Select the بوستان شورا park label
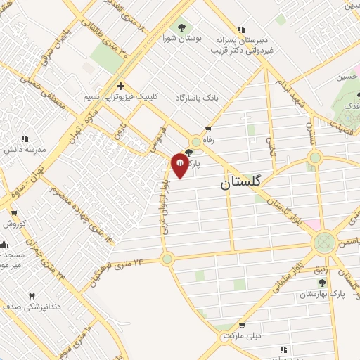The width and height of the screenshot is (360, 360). click(182, 39)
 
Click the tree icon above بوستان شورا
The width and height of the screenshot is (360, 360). click(182, 27)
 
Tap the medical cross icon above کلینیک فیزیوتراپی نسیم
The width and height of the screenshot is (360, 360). click(120, 84)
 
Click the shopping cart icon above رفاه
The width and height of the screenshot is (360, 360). click(208, 129)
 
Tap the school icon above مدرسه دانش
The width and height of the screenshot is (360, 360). click(25, 139)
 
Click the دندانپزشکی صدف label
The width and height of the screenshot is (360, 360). click(31, 307)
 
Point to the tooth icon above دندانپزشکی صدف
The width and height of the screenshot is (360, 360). click(31, 296)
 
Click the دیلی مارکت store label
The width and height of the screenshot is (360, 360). click(243, 335)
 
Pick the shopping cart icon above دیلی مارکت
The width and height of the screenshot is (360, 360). click(243, 325)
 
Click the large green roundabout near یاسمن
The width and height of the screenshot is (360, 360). click(323, 243)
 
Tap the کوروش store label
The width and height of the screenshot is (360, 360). click(13, 224)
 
